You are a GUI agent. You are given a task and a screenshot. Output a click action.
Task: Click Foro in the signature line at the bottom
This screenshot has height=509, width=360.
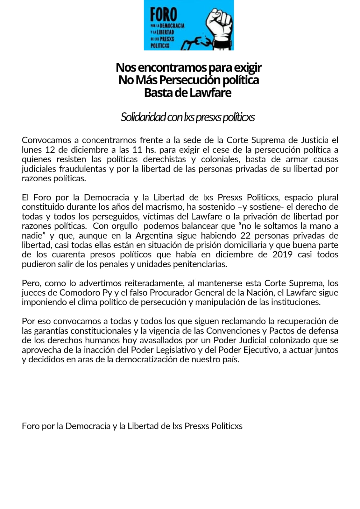pos(31,426)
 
